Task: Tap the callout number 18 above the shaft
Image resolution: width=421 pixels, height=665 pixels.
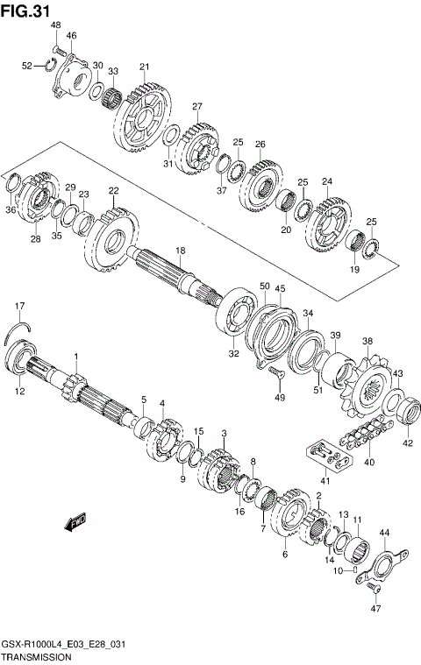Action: [179, 251]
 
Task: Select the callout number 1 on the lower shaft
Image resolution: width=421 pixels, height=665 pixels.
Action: [76, 356]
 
